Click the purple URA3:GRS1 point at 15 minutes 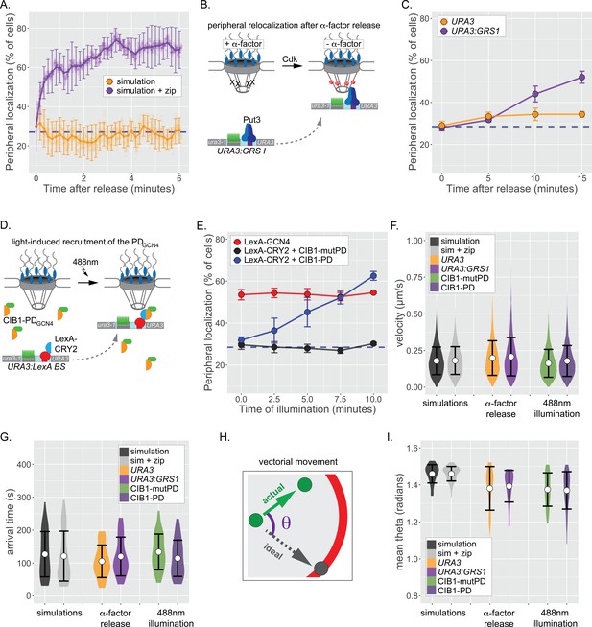581,77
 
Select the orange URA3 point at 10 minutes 534,114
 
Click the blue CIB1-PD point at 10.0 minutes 373,276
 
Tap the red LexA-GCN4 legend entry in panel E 263,242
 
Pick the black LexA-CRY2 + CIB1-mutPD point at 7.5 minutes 341,350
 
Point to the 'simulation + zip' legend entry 141,91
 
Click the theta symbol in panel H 287,522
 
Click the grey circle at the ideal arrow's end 320,568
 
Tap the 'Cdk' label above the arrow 290,58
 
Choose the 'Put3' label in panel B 251,119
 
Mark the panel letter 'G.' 8,436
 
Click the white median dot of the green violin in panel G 158,552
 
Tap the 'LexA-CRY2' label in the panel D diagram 66,344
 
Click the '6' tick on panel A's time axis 179,178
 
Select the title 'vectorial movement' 297,462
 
